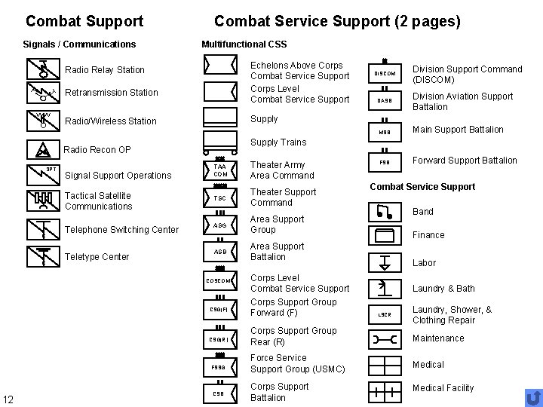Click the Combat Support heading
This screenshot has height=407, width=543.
pyautogui.click(x=84, y=21)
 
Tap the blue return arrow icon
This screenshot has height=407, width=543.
pyautogui.click(x=532, y=396)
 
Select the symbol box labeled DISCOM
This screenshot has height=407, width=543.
pyautogui.click(x=385, y=73)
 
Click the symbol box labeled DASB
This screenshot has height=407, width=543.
pyautogui.click(x=385, y=100)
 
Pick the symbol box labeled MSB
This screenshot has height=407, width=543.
pyautogui.click(x=385, y=133)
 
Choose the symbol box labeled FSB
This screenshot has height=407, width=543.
pyautogui.click(x=385, y=161)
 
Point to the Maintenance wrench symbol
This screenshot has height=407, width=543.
pyautogui.click(x=385, y=339)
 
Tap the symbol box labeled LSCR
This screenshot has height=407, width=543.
pyautogui.click(x=385, y=314)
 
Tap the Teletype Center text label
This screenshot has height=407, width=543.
pyautogui.click(x=98, y=257)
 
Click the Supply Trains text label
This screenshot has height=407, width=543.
pyautogui.click(x=278, y=142)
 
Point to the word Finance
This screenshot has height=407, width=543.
pyautogui.click(x=428, y=235)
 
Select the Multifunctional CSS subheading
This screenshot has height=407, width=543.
pyautogui.click(x=244, y=45)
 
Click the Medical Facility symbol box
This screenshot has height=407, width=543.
pyautogui.click(x=385, y=391)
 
